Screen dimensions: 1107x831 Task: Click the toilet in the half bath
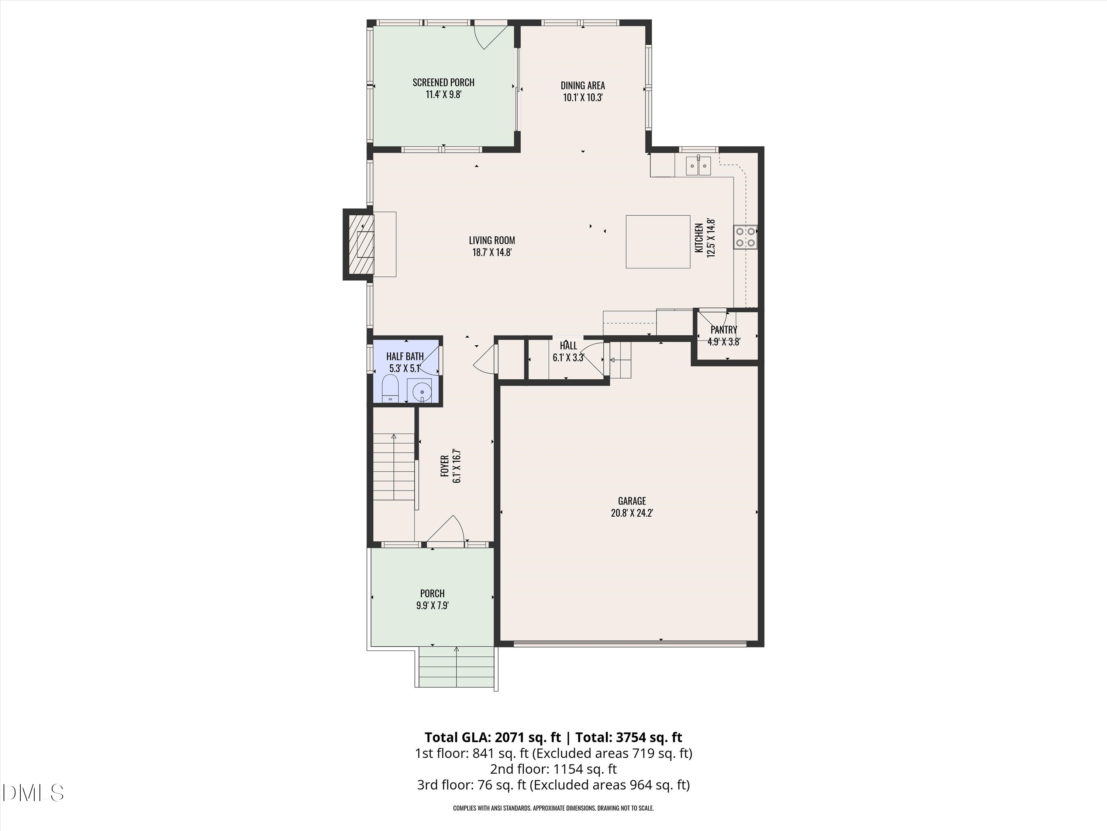tap(390, 390)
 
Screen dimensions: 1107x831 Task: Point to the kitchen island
tap(658, 242)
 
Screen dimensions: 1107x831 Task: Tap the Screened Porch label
tap(444, 82)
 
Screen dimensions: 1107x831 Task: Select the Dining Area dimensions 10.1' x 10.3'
tap(583, 98)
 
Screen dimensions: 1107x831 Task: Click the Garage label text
tap(632, 501)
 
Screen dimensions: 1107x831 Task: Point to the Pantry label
tap(724, 329)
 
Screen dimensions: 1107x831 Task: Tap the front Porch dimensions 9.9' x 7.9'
tap(432, 605)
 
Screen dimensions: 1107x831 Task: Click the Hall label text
tap(569, 346)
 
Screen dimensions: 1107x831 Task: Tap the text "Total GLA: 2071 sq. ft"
tap(493, 737)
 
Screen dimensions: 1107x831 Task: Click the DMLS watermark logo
tap(33, 793)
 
